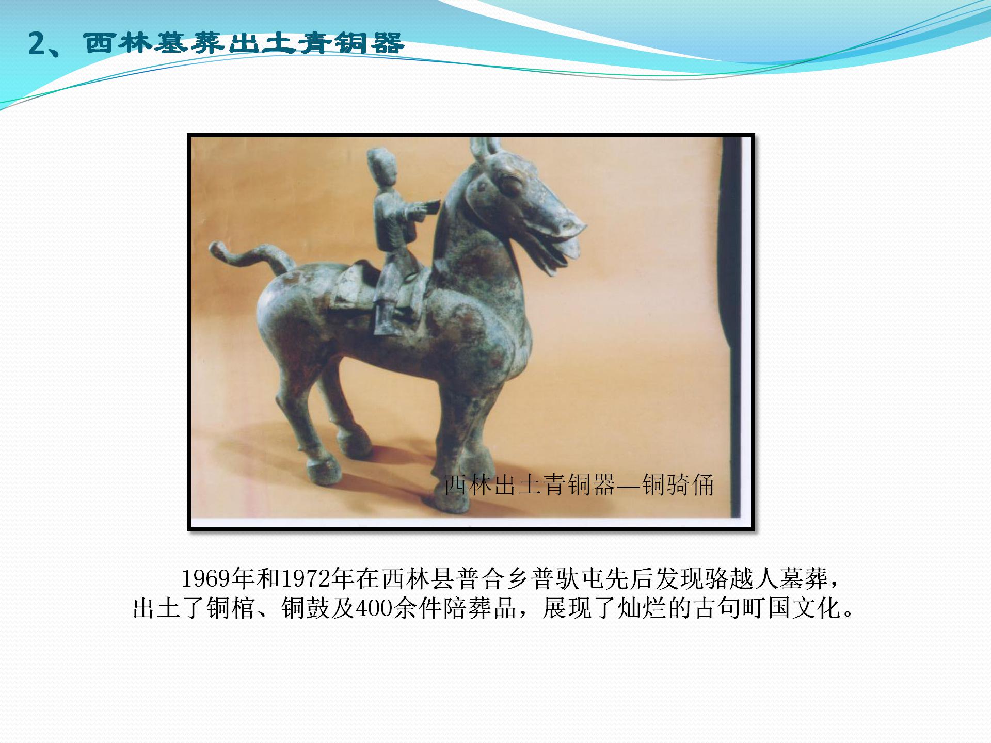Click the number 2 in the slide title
[x=37, y=43]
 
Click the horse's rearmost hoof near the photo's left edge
[x=324, y=471]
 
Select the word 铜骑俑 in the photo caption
[x=678, y=485]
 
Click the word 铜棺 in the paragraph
[x=231, y=608]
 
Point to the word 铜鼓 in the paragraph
[x=305, y=608]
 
